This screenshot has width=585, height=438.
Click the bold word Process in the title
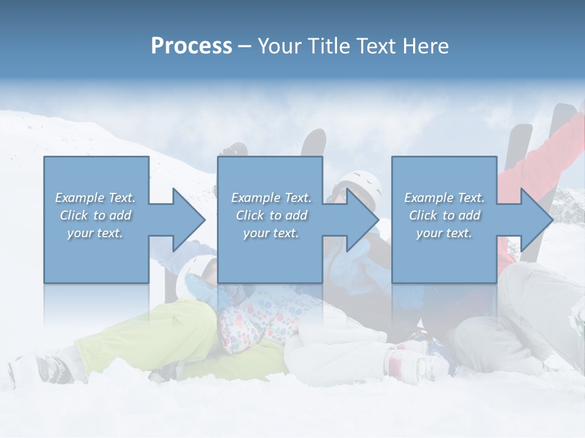191,46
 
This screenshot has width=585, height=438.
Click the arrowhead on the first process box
189,220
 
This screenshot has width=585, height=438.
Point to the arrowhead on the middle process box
363,220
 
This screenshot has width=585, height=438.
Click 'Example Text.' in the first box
96,198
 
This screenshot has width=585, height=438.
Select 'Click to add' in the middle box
271,215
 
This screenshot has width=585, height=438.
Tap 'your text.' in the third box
444,233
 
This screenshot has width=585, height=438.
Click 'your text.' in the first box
96,233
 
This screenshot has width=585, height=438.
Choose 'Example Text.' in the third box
444,198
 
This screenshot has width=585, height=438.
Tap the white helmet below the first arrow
199,268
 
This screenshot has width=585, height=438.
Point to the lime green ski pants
152,341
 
